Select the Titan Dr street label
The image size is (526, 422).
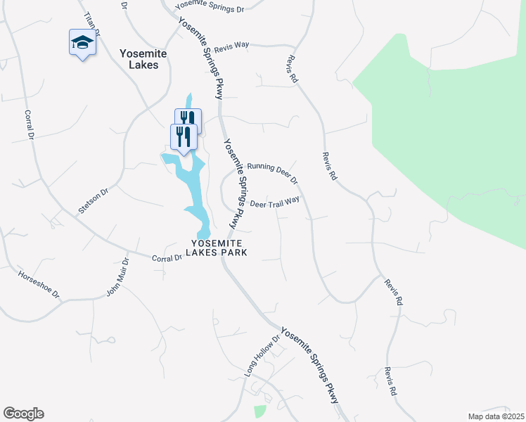click(x=91, y=25)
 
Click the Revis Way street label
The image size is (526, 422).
click(x=232, y=45)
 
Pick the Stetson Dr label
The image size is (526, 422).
click(x=94, y=200)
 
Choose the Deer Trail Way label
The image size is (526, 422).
click(x=275, y=202)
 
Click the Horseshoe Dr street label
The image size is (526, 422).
click(x=39, y=283)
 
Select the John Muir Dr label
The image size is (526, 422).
click(x=118, y=277)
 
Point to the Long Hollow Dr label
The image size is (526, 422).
click(x=262, y=356)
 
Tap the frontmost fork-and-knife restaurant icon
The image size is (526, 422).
click(x=184, y=136)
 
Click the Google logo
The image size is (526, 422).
click(x=23, y=414)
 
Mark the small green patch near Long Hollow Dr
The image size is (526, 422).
click(x=260, y=411)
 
